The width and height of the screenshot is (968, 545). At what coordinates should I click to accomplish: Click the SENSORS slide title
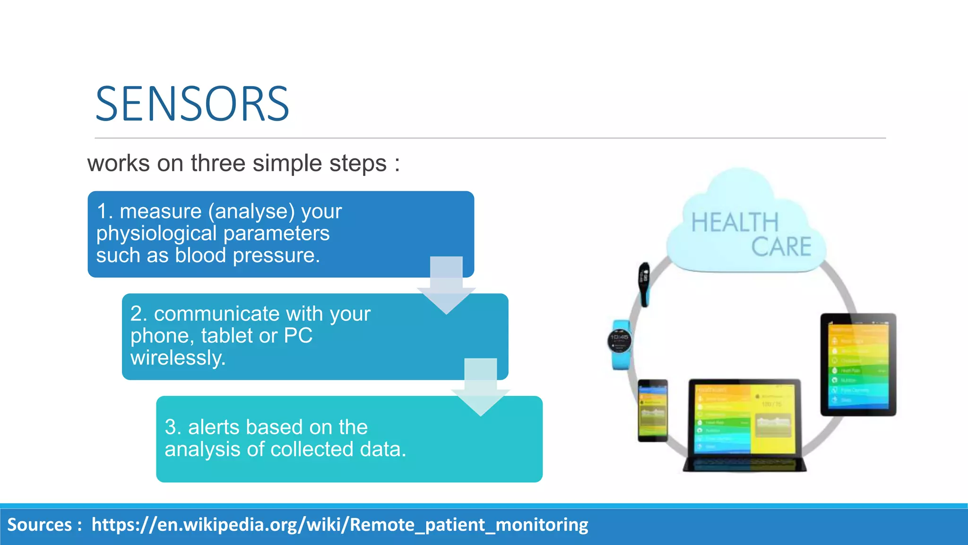(192, 104)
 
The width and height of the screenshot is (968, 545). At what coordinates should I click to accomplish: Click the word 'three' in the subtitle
(218, 164)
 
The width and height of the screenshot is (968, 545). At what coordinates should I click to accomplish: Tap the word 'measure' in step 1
(161, 211)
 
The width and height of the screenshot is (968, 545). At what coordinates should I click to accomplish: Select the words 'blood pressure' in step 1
(247, 255)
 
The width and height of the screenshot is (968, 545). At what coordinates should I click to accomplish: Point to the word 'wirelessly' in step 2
(177, 358)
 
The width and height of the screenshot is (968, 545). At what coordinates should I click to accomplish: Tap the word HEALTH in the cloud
(735, 223)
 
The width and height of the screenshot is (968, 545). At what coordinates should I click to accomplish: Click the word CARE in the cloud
(781, 247)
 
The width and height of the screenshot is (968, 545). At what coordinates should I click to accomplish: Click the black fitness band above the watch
(644, 284)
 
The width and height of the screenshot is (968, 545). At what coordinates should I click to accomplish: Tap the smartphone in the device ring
(653, 410)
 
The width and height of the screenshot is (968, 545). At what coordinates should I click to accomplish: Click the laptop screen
(745, 418)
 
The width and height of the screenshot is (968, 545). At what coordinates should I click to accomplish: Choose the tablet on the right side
(858, 364)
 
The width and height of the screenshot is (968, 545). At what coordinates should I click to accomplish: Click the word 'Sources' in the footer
(39, 525)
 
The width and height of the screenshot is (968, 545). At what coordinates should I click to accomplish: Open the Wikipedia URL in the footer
(339, 525)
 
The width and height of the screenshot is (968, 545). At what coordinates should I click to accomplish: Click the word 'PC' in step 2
(298, 336)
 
